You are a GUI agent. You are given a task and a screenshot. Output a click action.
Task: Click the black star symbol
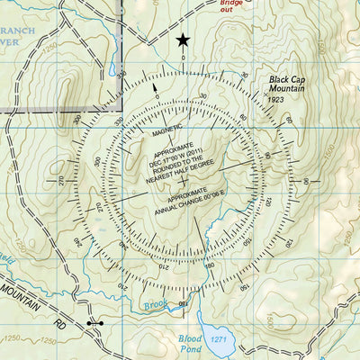pos(184,39)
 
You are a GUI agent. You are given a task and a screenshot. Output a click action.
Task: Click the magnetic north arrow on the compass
pos(156,88)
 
